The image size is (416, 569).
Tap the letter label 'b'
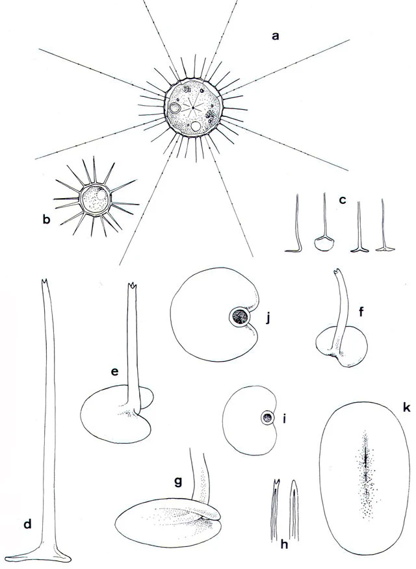46,220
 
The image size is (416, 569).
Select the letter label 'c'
341,201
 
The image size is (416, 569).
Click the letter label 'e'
114,372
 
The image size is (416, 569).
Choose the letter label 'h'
284,545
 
